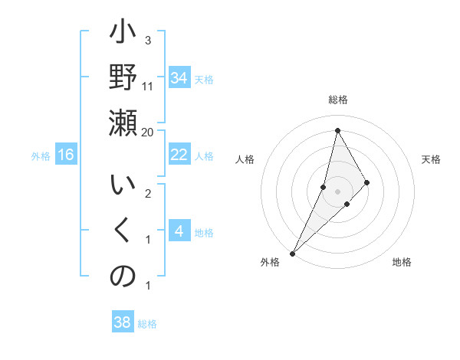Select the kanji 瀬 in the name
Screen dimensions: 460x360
click(x=123, y=123)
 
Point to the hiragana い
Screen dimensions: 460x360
click(x=123, y=188)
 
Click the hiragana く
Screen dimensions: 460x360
click(x=123, y=231)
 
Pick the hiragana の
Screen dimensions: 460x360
click(x=123, y=275)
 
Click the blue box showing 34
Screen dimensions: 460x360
click(x=179, y=78)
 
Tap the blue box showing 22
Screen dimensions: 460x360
click(x=179, y=155)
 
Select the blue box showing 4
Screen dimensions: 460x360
click(x=179, y=232)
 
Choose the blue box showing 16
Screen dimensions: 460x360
click(x=66, y=155)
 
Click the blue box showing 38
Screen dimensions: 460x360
click(x=123, y=322)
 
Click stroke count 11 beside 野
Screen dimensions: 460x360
click(x=148, y=86)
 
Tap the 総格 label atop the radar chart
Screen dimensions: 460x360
click(x=337, y=100)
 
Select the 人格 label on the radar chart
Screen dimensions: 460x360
click(x=245, y=159)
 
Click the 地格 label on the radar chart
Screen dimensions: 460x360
click(x=402, y=263)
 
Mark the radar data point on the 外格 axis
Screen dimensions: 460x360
click(x=292, y=253)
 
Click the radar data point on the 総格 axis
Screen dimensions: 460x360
click(x=337, y=130)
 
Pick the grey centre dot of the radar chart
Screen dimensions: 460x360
click(x=337, y=191)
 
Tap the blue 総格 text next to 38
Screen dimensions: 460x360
click(x=147, y=324)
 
